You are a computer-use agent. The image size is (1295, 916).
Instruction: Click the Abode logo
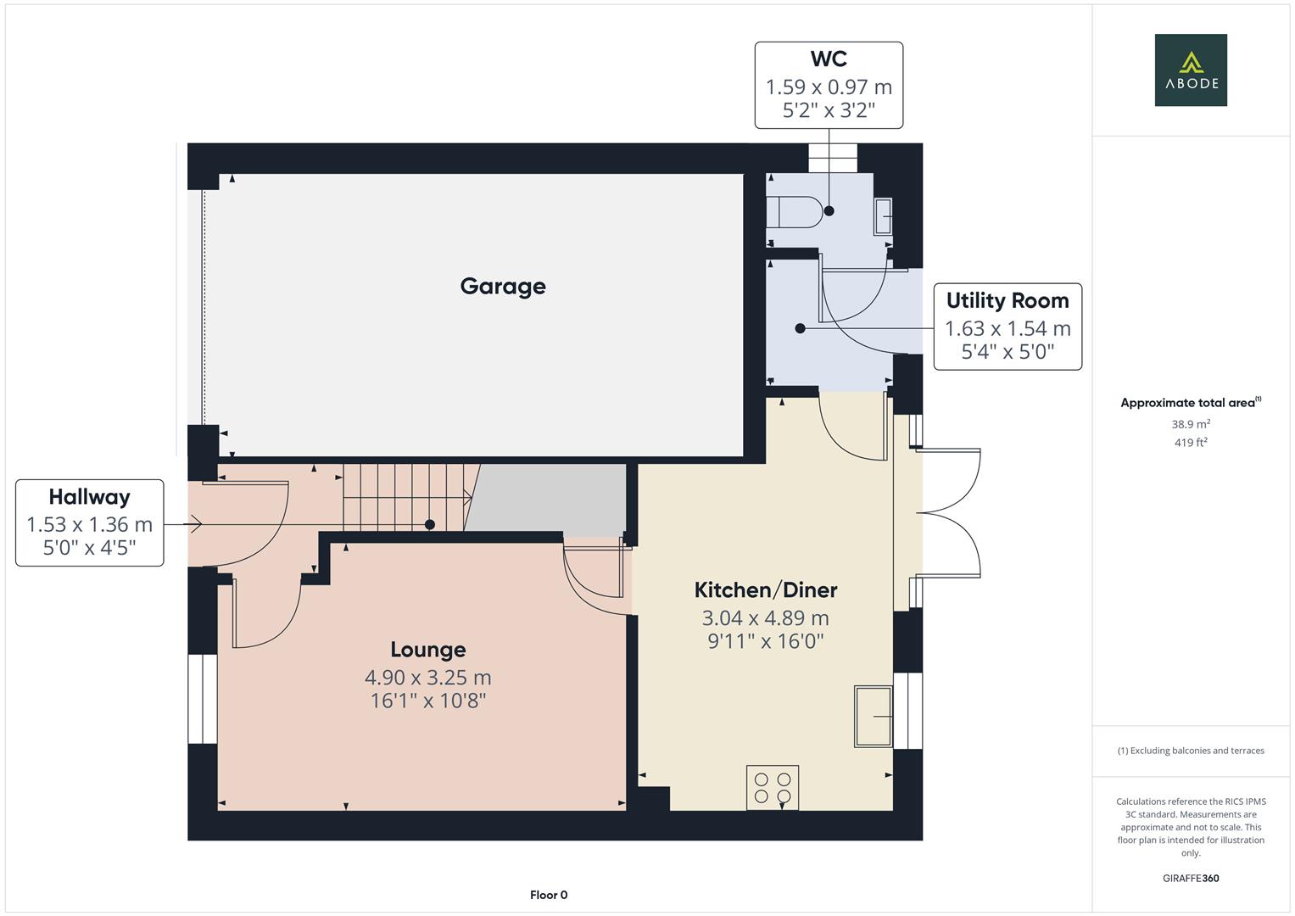point(1190,70)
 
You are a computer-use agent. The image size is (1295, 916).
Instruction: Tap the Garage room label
point(503,287)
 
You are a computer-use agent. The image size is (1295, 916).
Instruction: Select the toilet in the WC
point(792,212)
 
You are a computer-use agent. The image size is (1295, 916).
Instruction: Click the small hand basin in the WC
point(883,216)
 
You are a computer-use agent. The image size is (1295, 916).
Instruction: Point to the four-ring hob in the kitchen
point(773,787)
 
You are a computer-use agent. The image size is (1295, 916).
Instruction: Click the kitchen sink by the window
point(873,717)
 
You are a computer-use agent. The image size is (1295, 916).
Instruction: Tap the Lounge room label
point(427,650)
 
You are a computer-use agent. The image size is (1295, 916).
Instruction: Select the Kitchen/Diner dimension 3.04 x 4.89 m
point(765,618)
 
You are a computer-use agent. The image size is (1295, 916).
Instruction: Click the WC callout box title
point(829,59)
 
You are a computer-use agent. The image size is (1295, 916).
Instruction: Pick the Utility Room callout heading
point(1007,301)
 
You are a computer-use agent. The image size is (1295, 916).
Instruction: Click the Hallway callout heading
point(89,497)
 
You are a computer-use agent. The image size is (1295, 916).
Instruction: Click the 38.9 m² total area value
point(1190,424)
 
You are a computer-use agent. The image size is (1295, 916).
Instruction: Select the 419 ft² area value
point(1190,443)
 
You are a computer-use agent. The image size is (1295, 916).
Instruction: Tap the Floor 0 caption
point(548,895)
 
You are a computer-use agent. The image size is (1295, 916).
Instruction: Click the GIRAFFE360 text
point(1190,879)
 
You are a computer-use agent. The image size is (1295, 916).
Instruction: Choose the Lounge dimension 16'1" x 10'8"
point(427,701)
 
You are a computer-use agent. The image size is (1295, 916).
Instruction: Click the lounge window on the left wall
point(203,699)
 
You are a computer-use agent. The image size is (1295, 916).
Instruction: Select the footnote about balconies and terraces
point(1190,751)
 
